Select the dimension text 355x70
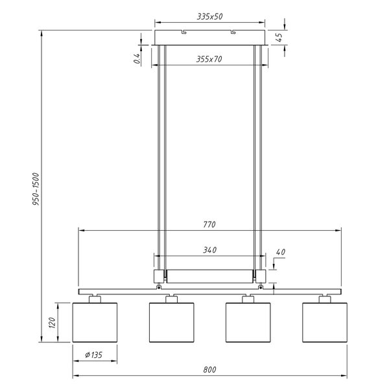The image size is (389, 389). [209, 59]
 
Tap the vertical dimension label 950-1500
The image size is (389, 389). [36, 189]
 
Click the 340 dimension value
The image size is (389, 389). [209, 249]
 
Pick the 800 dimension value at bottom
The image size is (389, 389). [209, 370]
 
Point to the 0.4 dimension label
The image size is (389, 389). [137, 57]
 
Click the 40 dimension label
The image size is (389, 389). [280, 252]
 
